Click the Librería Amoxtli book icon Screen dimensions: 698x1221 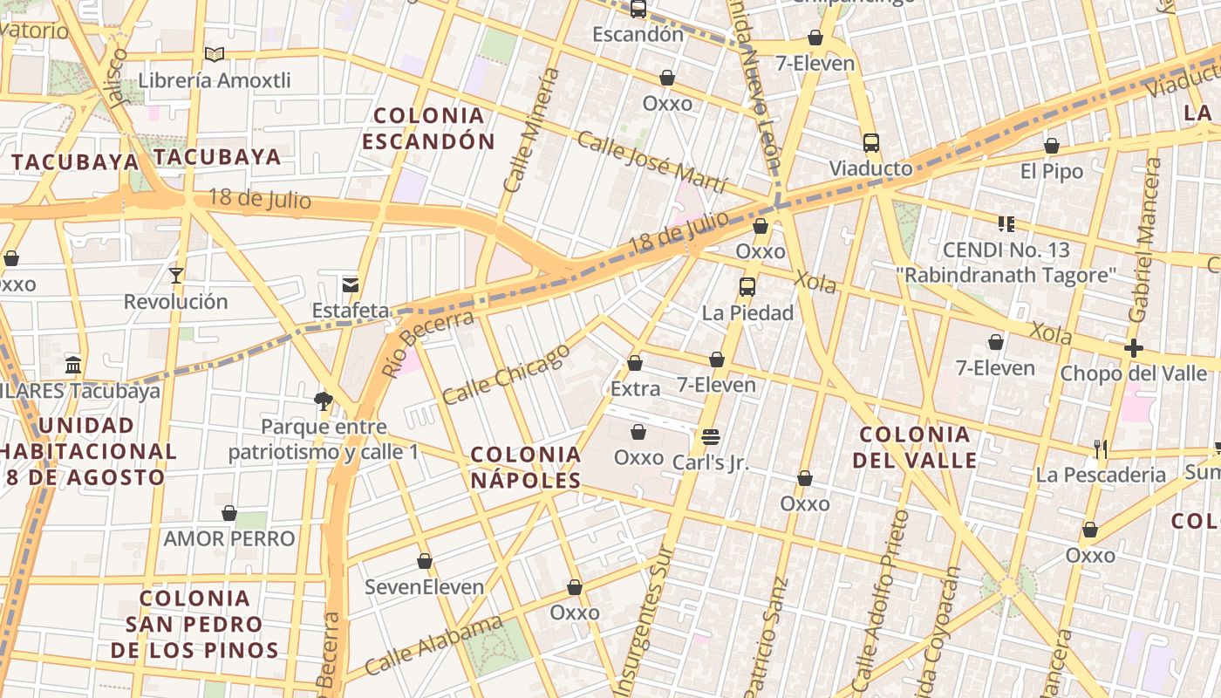215,55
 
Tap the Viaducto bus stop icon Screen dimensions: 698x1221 870,143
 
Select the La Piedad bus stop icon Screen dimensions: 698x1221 747,287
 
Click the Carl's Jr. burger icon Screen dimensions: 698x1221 711,437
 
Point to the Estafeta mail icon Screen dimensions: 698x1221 351,284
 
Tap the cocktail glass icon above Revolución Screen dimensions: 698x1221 176,276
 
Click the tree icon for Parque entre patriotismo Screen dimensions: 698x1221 324,401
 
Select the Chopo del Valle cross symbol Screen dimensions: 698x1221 1133,349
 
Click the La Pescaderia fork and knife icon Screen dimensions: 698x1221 1101,449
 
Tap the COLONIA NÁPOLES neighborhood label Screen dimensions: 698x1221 526,467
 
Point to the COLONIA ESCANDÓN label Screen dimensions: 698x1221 428,128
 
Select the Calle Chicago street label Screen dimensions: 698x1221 506,374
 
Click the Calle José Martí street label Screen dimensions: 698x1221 651,163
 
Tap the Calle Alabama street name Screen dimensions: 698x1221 433,645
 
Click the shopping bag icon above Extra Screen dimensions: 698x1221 635,363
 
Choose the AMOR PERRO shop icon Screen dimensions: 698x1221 229,513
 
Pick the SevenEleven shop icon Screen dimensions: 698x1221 425,561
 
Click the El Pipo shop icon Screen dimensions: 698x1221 1052,146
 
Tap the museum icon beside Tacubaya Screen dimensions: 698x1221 73,365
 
